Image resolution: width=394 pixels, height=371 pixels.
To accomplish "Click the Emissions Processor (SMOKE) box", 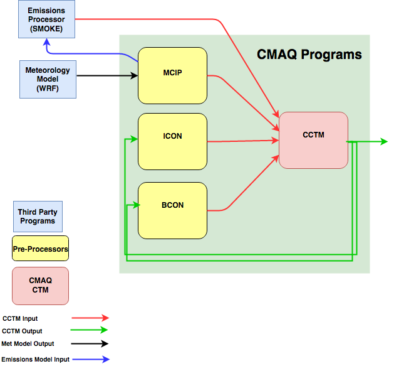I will pyautogui.click(x=46, y=19).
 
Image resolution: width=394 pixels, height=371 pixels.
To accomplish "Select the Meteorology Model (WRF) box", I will pyautogui.click(x=48, y=78).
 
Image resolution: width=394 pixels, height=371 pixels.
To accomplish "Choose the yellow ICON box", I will pyautogui.click(x=172, y=141).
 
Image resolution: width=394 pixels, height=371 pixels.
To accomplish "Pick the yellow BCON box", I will pyautogui.click(x=172, y=210).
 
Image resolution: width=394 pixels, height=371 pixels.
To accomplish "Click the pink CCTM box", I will pyautogui.click(x=313, y=140).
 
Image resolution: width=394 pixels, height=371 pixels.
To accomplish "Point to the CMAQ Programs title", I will pyautogui.click(x=309, y=55).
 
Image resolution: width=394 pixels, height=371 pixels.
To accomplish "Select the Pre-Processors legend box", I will pyautogui.click(x=41, y=250).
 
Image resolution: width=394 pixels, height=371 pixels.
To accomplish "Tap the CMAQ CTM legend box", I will pyautogui.click(x=41, y=286).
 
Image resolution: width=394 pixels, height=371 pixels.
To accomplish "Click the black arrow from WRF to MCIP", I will pyautogui.click(x=106, y=76).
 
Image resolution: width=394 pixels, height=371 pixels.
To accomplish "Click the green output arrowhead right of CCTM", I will pyautogui.click(x=383, y=142).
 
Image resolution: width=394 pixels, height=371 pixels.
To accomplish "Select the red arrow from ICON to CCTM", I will pyautogui.click(x=241, y=141).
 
